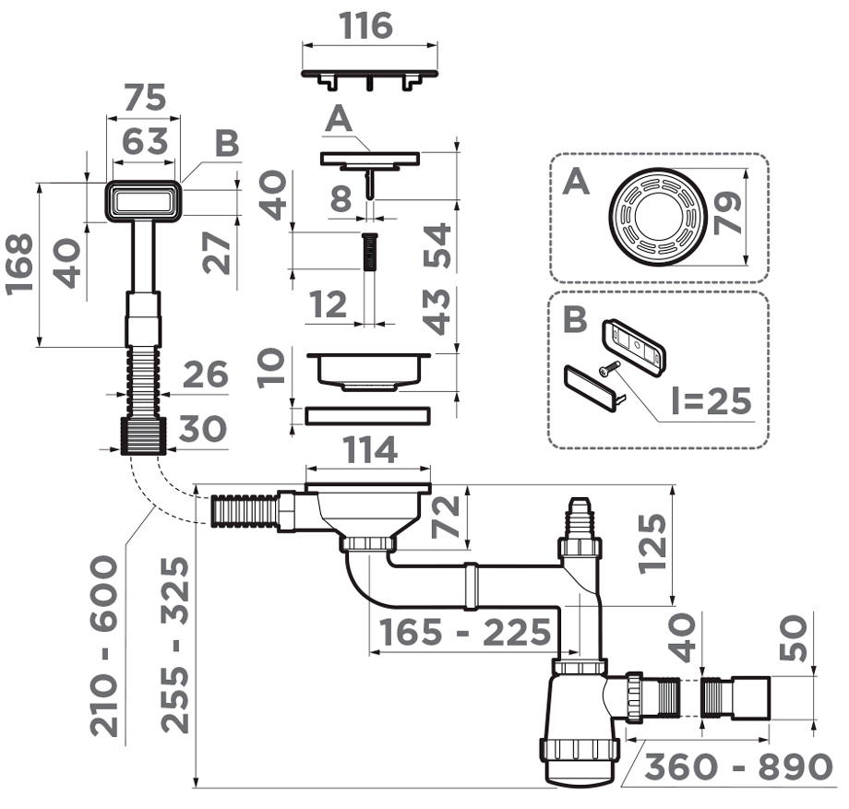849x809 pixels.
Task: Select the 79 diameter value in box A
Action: pos(725,216)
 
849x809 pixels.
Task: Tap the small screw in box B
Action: pos(607,370)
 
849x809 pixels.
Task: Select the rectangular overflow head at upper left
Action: pos(143,200)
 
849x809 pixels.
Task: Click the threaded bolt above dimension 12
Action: pos(369,251)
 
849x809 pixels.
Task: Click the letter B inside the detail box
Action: pos(574,319)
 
